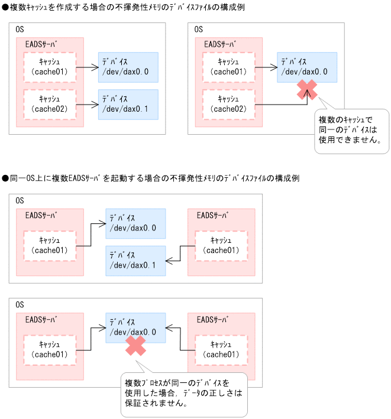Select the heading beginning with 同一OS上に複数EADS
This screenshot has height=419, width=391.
pos(151,178)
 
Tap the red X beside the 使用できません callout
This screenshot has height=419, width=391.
pos(307,90)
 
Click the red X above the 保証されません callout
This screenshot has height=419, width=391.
pos(135,346)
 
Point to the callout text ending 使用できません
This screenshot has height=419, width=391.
pos(349,131)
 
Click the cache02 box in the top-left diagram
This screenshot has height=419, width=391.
pos(50,103)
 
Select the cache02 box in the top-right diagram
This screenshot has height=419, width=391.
pos(228,103)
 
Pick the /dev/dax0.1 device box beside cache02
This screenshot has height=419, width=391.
pos(128,104)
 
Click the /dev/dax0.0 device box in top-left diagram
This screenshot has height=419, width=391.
pos(128,67)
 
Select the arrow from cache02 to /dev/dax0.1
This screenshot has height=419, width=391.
pos(88,105)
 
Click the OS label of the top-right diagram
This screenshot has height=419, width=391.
pos(198,29)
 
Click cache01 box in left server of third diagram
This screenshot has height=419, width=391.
pos(50,245)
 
